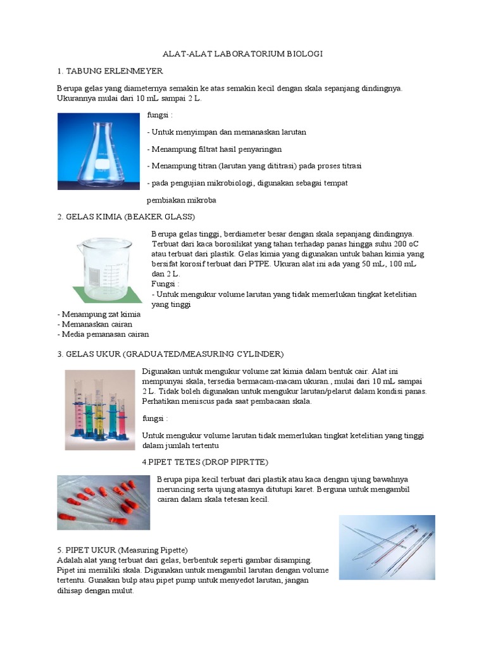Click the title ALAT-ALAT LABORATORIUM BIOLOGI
coord(243,54)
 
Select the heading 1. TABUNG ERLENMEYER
coord(110,70)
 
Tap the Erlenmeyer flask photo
coord(98,151)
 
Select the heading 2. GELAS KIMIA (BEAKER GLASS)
coord(121,217)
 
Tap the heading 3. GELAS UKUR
coord(170,353)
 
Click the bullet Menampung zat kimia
coord(99,314)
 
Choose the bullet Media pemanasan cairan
coord(103,334)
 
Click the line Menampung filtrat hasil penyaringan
coord(214,149)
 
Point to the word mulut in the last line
coord(123,591)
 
